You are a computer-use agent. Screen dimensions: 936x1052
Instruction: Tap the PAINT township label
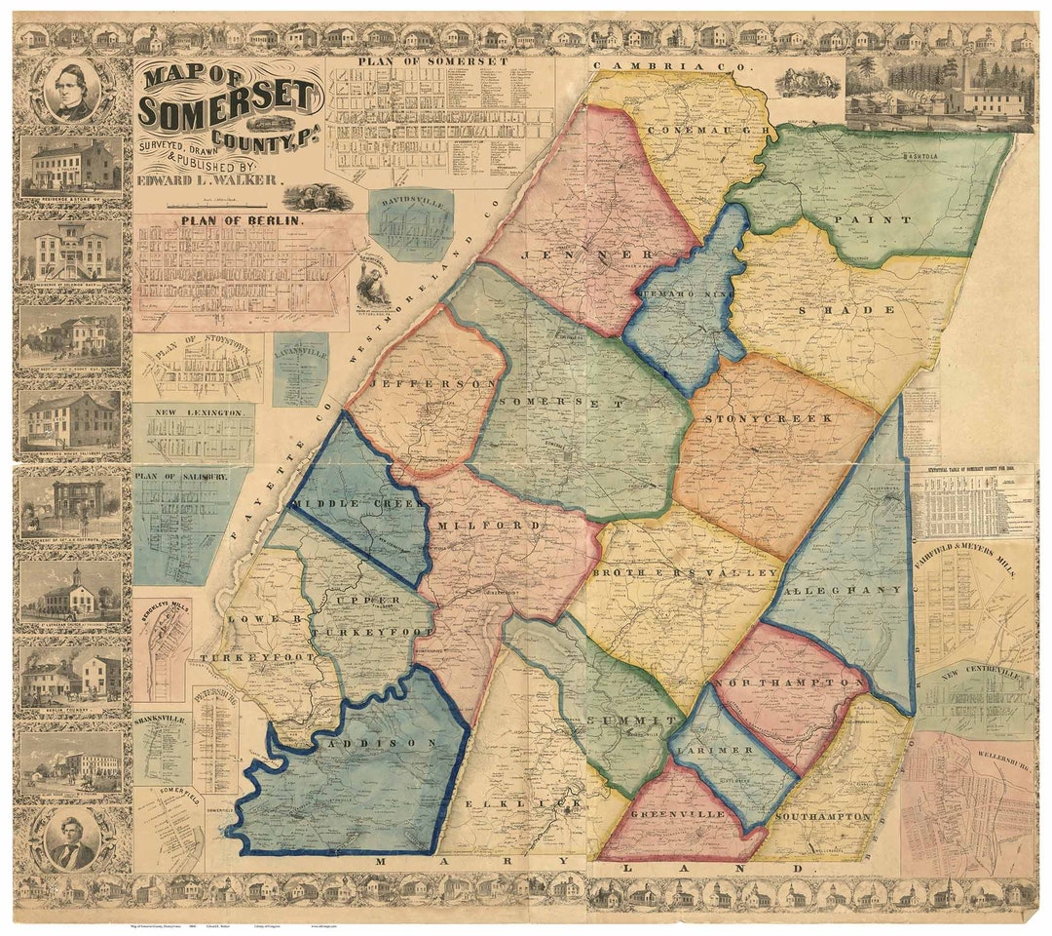click(x=883, y=220)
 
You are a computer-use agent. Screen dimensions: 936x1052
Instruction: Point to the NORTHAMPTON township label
click(x=789, y=684)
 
